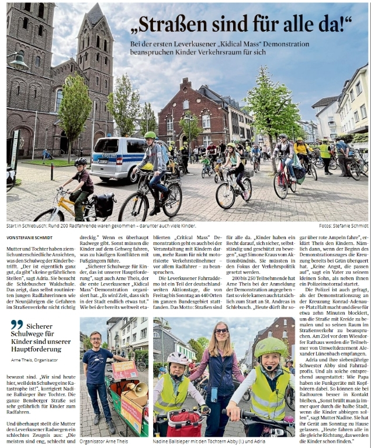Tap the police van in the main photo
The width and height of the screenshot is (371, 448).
(x=116, y=158)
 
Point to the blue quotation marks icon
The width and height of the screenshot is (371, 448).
(x=16, y=325)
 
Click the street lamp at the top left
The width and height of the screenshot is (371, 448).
(x=18, y=61)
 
